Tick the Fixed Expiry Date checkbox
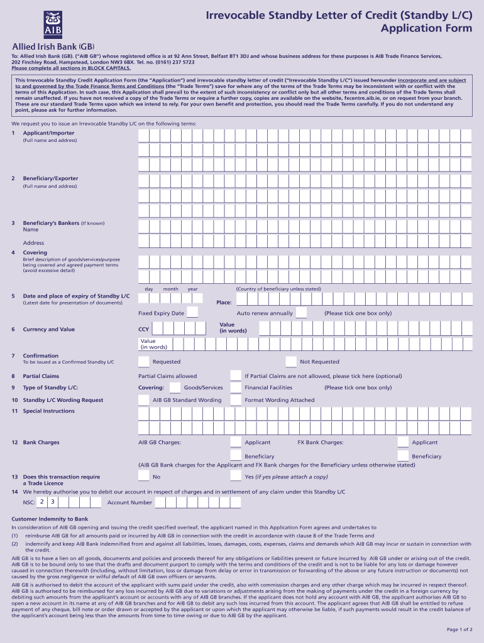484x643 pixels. (x=192, y=313)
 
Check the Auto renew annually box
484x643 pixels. (x=301, y=313)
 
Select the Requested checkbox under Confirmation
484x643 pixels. (x=144, y=362)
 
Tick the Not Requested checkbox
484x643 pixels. (x=291, y=362)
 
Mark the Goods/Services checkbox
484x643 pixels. (x=174, y=387)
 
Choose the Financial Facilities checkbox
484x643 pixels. (x=235, y=387)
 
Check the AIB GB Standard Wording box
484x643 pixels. (x=144, y=400)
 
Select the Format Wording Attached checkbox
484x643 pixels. (x=235, y=400)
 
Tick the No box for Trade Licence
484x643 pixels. (x=144, y=477)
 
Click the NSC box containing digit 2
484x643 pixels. (x=41, y=502)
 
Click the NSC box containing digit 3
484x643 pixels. (x=53, y=502)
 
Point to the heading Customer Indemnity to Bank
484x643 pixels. (x=50, y=519)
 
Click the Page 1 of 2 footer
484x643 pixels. (x=460, y=630)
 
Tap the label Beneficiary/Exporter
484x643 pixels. (x=50, y=178)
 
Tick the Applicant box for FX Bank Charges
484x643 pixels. (x=403, y=442)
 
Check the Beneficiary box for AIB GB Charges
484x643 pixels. (x=235, y=456)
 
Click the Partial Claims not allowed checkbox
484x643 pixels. (x=235, y=376)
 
